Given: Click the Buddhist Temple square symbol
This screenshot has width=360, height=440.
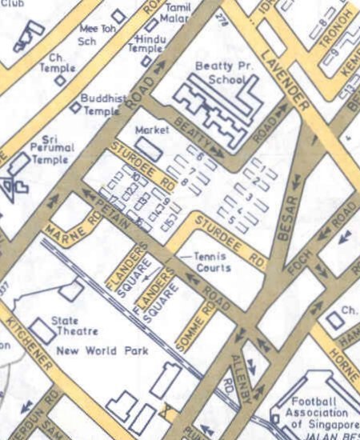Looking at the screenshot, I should coord(74,106).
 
